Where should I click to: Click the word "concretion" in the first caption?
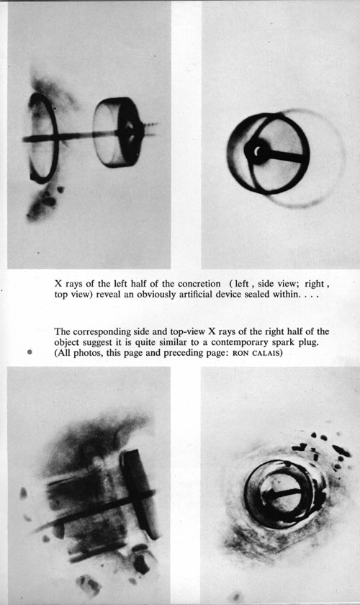point(199,284)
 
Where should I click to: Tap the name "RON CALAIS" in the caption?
point(257,354)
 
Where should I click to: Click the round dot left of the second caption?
point(30,352)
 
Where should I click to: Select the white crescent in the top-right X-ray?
point(257,152)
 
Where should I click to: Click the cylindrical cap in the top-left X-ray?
point(118,132)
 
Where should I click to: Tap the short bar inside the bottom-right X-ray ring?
point(283,493)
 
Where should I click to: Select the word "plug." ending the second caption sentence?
point(309,343)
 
